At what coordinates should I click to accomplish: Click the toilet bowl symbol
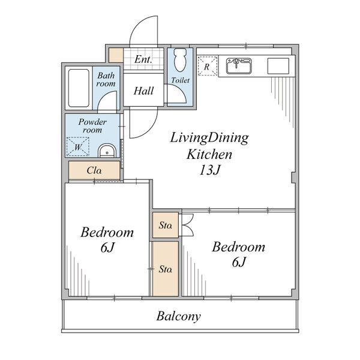181,59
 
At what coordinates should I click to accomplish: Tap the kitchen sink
239,66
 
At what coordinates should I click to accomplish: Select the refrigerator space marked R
208,65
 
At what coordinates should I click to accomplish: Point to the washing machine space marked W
77,146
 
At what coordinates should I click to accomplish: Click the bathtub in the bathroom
79,88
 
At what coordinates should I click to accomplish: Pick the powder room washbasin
107,151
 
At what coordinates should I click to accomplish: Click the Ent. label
143,59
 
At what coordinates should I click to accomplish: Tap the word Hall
144,91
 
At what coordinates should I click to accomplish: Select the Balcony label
179,316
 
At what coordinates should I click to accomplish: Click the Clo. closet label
94,170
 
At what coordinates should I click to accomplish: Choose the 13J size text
209,170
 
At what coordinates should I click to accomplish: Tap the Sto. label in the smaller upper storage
166,225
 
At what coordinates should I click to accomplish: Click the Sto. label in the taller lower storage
166,269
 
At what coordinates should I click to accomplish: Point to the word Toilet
181,80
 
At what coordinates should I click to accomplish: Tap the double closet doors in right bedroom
188,225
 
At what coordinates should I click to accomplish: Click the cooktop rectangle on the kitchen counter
278,66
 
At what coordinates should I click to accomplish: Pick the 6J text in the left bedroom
107,247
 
